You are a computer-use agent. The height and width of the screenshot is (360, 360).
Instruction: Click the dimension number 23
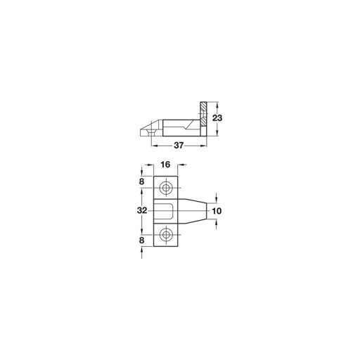click(x=217, y=118)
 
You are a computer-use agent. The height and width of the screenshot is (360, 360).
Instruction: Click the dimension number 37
click(x=179, y=146)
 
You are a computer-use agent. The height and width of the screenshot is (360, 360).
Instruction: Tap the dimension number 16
click(x=165, y=165)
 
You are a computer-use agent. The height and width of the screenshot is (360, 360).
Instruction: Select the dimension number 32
click(x=142, y=210)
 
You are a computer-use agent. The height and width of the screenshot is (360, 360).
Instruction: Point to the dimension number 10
click(x=217, y=211)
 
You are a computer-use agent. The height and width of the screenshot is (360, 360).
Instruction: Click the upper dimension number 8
click(x=141, y=181)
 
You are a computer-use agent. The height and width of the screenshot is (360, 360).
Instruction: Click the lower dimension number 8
click(x=141, y=240)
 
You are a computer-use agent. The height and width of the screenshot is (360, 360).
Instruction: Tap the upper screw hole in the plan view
click(x=166, y=188)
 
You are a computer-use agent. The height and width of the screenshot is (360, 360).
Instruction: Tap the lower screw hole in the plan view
click(x=166, y=234)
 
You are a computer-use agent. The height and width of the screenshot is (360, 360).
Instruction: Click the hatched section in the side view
click(x=203, y=114)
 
